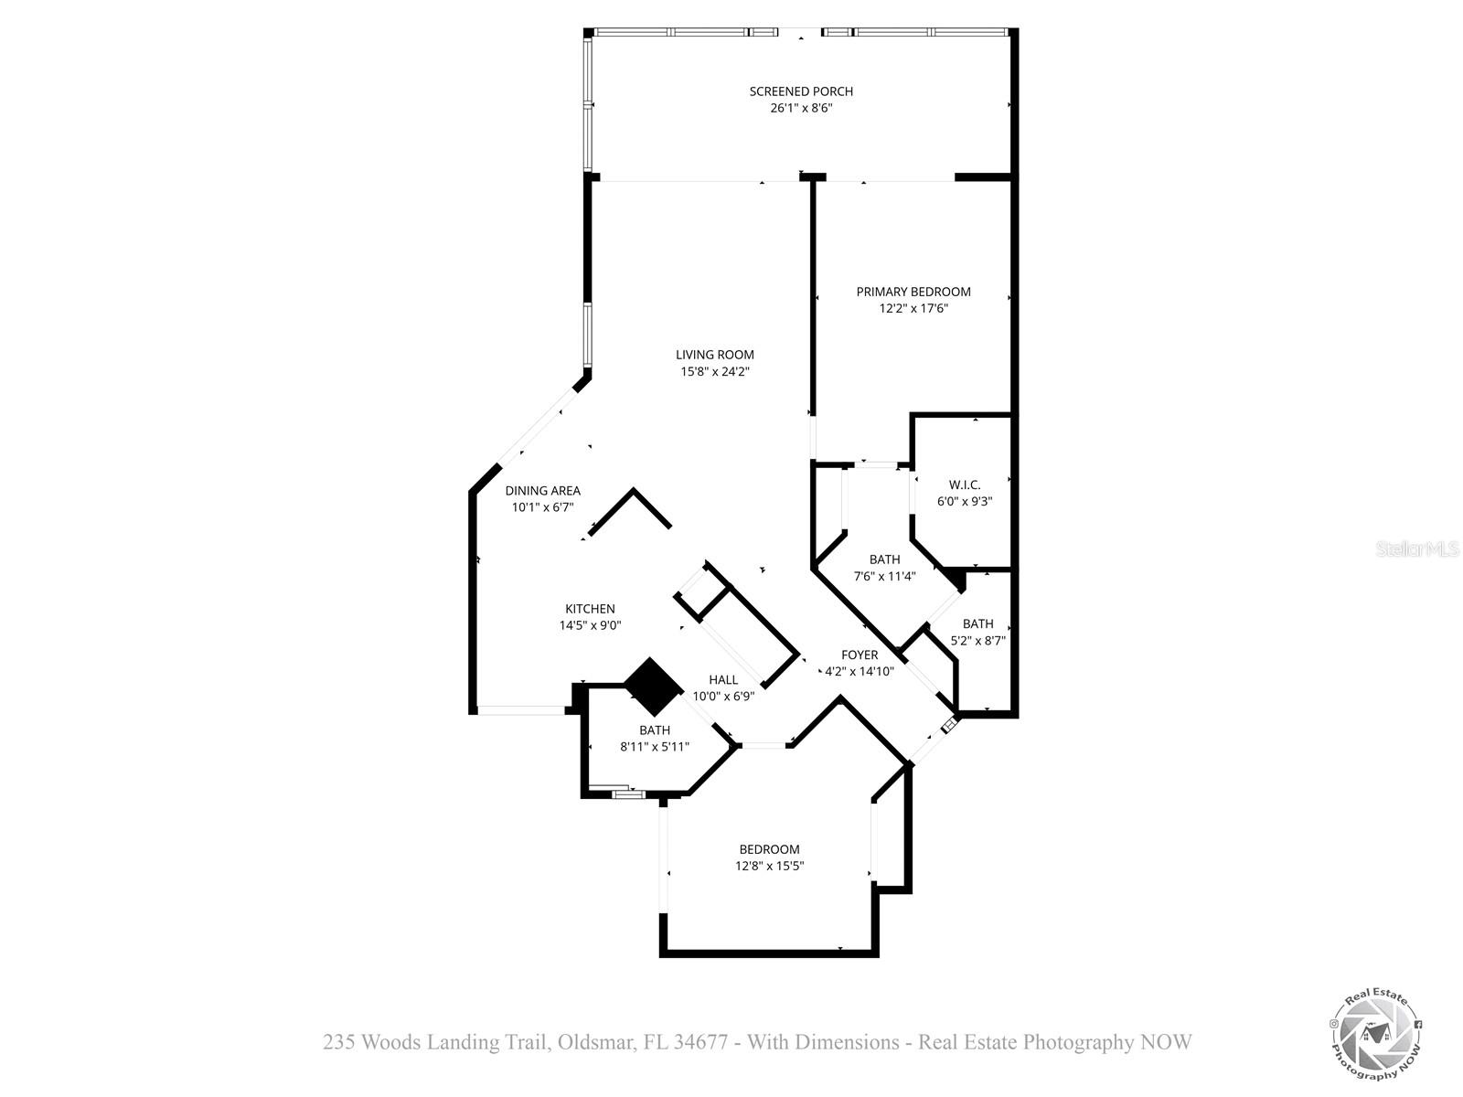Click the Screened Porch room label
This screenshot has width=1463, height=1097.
point(801,91)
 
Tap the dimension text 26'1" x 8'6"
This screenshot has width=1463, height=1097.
point(801,108)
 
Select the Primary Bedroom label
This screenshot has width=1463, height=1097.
point(913,292)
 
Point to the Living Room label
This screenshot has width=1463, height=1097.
point(715,355)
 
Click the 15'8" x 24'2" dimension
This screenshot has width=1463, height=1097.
point(715,371)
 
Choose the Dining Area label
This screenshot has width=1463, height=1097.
point(543,491)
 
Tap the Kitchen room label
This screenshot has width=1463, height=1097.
point(590,609)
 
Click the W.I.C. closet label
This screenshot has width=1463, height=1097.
point(965,485)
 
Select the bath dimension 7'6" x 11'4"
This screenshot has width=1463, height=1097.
point(884,576)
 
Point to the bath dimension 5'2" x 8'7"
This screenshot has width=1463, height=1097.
point(977,641)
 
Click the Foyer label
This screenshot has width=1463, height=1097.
point(860,655)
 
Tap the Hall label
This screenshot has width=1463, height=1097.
point(723,679)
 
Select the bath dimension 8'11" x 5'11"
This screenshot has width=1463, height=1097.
point(655,746)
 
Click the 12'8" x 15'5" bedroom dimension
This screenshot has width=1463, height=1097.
point(770,866)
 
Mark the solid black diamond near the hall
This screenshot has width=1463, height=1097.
point(654,687)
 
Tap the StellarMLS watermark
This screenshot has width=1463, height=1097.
point(1417,549)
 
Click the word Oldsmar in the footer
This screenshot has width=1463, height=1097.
point(593,1042)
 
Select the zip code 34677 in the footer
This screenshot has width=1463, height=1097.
point(700,1042)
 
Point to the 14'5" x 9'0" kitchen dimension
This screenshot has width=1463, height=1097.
point(590,625)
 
